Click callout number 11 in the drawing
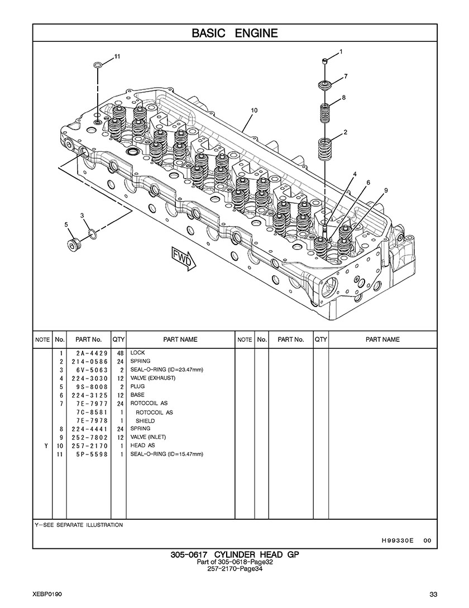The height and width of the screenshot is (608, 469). [117, 56]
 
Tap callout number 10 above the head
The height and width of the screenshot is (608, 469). [254, 111]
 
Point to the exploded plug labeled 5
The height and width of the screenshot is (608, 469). [74, 245]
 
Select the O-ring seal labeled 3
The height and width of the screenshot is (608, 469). [93, 233]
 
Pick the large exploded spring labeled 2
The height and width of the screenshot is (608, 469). [325, 149]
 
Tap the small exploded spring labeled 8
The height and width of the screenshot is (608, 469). [325, 112]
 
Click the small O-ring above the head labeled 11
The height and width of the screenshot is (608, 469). [98, 64]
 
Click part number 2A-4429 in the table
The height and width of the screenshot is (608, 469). [92, 353]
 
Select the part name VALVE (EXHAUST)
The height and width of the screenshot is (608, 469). [153, 378]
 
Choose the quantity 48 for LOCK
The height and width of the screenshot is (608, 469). [120, 353]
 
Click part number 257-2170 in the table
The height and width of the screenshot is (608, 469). [89, 446]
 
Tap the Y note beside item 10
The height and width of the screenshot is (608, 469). [46, 446]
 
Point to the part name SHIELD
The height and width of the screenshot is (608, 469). [145, 421]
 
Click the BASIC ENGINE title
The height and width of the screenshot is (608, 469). [234, 33]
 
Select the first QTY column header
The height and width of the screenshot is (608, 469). [118, 339]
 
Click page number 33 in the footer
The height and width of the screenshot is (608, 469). [434, 595]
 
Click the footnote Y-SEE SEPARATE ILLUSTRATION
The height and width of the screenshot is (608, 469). [79, 525]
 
